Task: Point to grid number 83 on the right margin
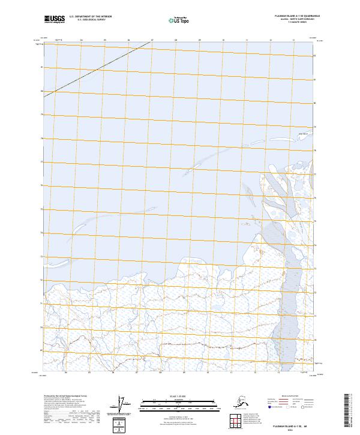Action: coord(316,56)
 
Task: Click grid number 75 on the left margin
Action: coord(41,209)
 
